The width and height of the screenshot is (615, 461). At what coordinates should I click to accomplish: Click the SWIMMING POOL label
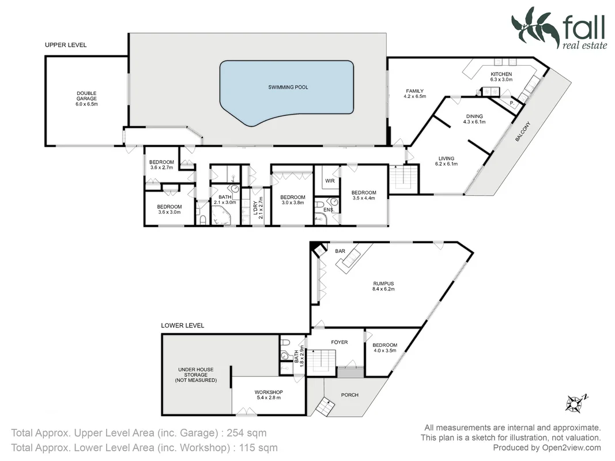click(x=288, y=88)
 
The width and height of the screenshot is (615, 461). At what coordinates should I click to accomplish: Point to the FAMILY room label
click(x=414, y=94)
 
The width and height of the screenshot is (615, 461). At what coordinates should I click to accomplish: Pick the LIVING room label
click(x=446, y=161)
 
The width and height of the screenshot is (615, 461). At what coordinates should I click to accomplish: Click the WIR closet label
click(x=330, y=181)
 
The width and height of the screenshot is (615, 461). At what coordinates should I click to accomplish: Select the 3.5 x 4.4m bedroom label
click(x=364, y=196)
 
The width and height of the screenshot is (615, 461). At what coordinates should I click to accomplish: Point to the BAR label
click(x=339, y=251)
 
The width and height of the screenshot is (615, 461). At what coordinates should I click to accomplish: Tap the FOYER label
click(x=339, y=342)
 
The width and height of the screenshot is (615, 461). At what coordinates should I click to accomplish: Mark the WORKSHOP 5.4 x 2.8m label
click(x=267, y=395)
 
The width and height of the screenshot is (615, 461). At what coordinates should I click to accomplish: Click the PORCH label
click(x=350, y=395)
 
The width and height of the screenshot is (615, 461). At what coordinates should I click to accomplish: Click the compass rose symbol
click(x=574, y=402)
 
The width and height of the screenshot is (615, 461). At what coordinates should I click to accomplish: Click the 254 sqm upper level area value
click(x=246, y=433)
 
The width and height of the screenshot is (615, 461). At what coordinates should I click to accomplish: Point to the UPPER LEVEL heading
click(x=66, y=45)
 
